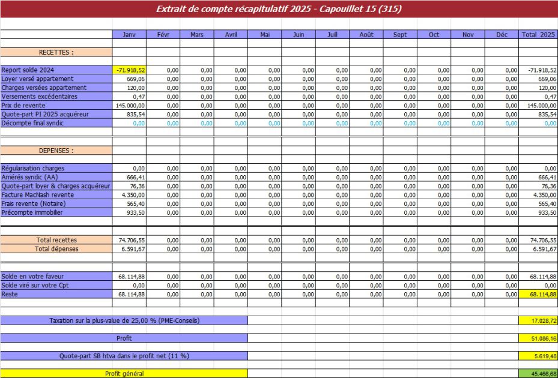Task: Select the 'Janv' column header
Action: coord(129,35)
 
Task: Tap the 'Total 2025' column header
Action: coord(538,35)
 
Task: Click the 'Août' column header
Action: coord(366,35)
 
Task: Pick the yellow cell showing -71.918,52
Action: coord(129,70)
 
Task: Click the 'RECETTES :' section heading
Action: coord(56,52)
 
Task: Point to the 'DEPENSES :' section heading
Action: coord(56,151)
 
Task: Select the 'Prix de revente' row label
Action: coord(24,105)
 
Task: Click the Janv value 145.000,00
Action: coord(130,105)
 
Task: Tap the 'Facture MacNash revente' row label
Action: coord(38,195)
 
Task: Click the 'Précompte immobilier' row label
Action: coord(32,212)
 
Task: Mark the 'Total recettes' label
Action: coord(56,240)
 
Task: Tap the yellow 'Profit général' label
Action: coord(124,374)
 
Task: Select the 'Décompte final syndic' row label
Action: coord(32,123)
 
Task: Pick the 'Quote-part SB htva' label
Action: coord(124,356)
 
